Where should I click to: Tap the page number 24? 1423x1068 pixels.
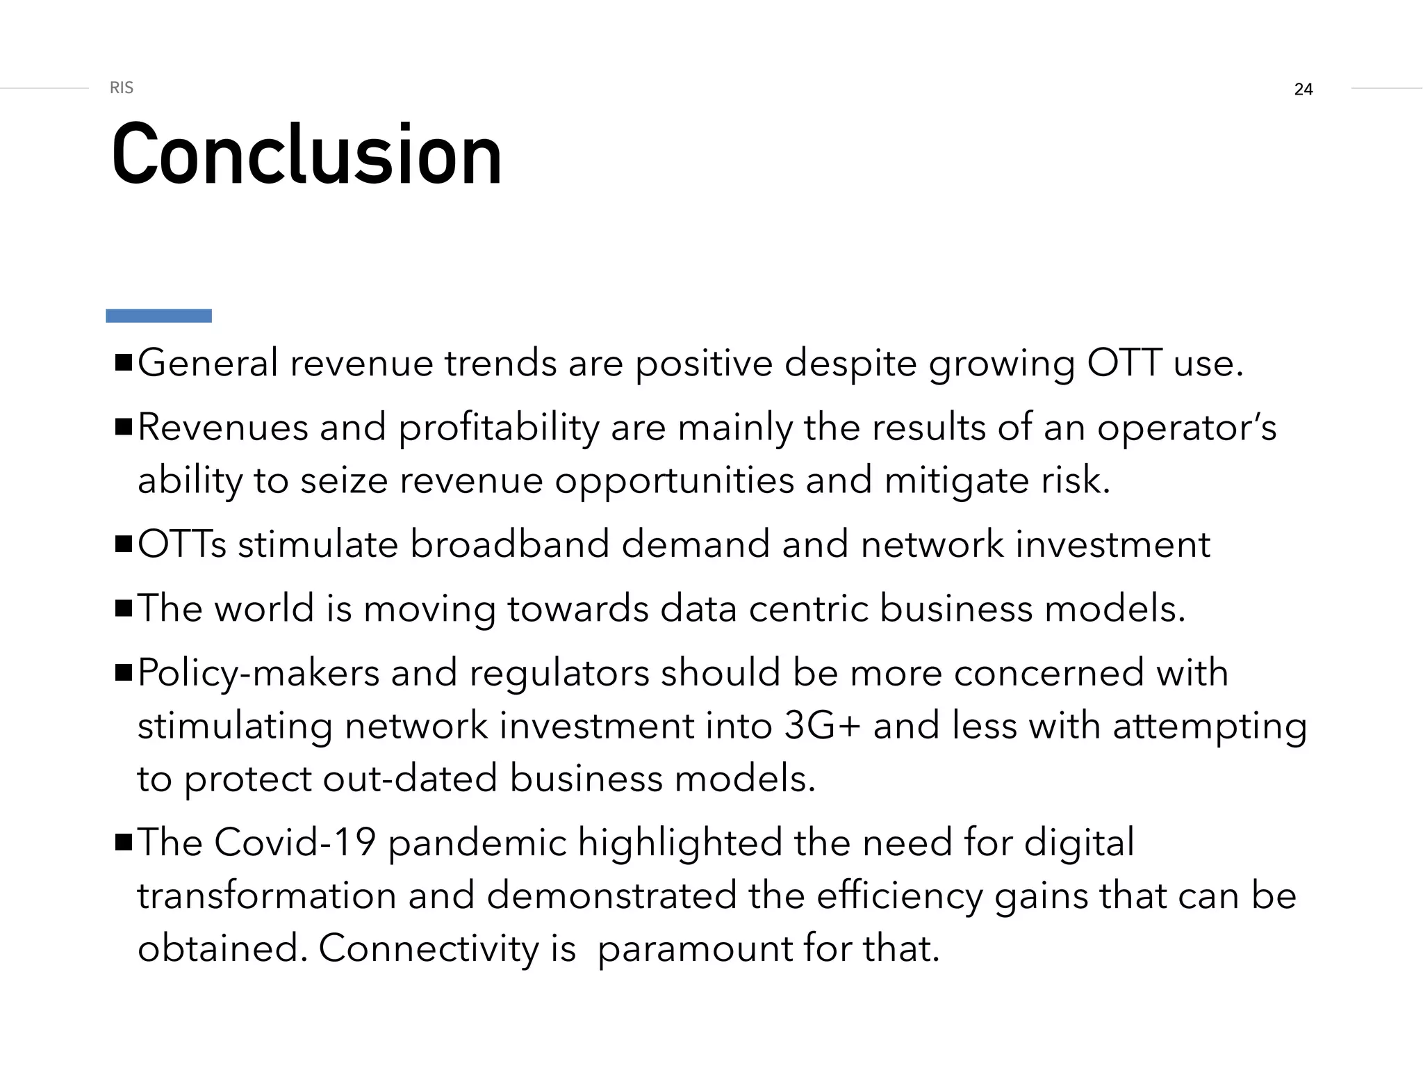point(1303,89)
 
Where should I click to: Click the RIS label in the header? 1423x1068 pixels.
point(122,88)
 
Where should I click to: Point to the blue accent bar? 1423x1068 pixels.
point(158,316)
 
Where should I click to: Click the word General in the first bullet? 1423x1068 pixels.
point(208,363)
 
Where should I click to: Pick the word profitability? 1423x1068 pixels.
point(498,428)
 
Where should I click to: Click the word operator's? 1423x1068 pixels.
point(1187,428)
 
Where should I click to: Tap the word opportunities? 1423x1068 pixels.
point(674,480)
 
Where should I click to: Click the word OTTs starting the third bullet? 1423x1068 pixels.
point(182,544)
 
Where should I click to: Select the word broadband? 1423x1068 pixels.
point(509,544)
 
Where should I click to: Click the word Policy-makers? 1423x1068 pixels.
point(258,673)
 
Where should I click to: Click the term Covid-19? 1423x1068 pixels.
point(295,843)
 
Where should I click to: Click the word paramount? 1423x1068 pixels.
point(694,948)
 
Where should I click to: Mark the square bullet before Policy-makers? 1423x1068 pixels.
point(124,673)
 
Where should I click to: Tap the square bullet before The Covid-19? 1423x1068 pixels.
point(124,843)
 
